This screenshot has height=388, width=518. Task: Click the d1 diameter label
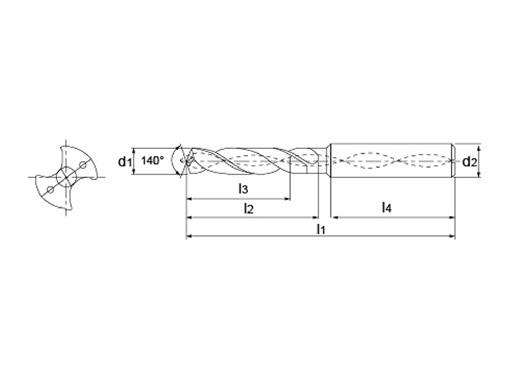coord(125,161)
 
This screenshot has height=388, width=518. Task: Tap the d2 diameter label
coord(469,162)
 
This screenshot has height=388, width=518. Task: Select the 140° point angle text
coord(152,160)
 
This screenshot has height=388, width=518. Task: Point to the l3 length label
coord(243,189)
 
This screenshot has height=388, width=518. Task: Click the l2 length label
coord(249,208)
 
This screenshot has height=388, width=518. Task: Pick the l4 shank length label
coord(387,208)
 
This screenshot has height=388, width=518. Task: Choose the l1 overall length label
coord(321,229)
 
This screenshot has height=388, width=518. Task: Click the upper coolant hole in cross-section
coord(83,164)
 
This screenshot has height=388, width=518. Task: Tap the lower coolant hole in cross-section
coord(51,189)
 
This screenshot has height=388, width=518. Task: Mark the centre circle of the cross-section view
coord(67,177)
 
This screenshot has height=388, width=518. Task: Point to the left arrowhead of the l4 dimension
coord(334,217)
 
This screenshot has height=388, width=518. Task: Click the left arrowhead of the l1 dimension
coord(190,236)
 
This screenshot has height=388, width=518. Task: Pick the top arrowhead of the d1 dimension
coord(133,151)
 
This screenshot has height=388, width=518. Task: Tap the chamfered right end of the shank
coord(454,160)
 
